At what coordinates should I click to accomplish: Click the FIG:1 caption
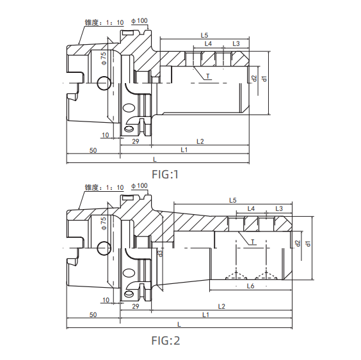coord(165,173)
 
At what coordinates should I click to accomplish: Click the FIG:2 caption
coord(164,340)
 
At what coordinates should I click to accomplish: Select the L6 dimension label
coord(251,287)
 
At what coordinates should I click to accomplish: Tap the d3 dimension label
coord(160,253)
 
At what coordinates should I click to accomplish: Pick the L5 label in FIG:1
coord(204,34)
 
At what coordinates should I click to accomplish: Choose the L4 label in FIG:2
coord(251,209)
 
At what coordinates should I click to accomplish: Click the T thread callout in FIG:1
coord(208,76)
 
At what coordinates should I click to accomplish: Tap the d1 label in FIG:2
coord(308,243)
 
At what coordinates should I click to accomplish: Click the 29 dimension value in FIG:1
coord(136,140)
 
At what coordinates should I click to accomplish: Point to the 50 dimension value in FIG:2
coord(93,315)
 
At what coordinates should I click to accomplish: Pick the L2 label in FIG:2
coord(221,306)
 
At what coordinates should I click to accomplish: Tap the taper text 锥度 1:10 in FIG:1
coord(104,22)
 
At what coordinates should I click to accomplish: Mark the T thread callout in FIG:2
coord(253,242)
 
